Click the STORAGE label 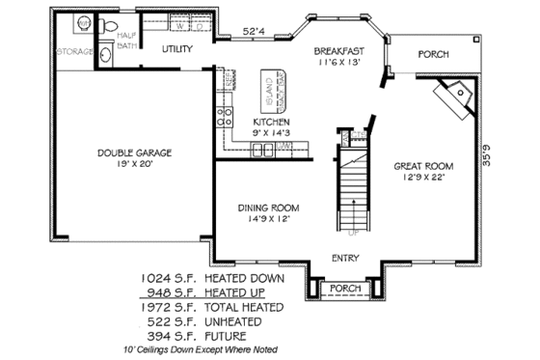point(75,50)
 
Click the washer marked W point(182,27)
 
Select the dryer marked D point(204,27)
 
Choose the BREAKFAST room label point(340,50)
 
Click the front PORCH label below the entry point(344,288)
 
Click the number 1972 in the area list point(157,307)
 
